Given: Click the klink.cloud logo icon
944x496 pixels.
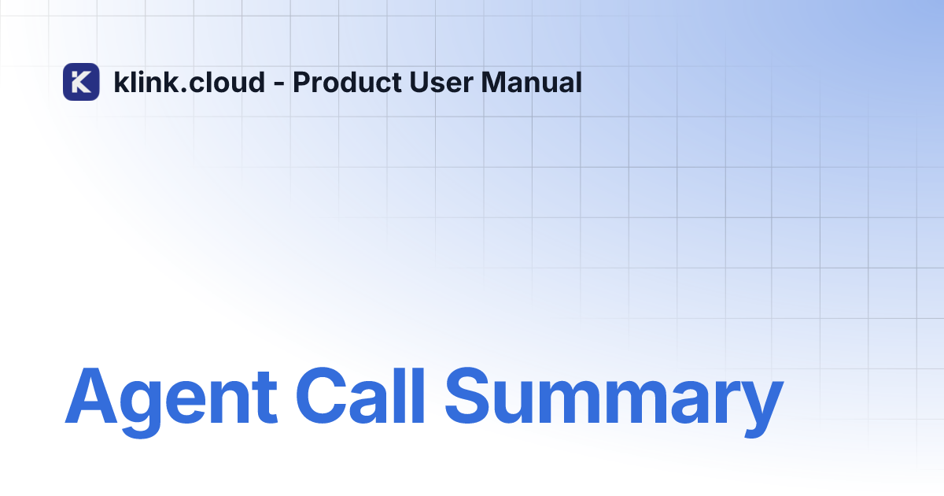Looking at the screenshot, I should [81, 82].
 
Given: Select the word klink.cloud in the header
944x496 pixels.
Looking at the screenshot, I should [190, 82].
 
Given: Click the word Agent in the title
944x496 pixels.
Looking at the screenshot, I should [171, 397].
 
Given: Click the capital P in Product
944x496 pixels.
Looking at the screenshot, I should [303, 82].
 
